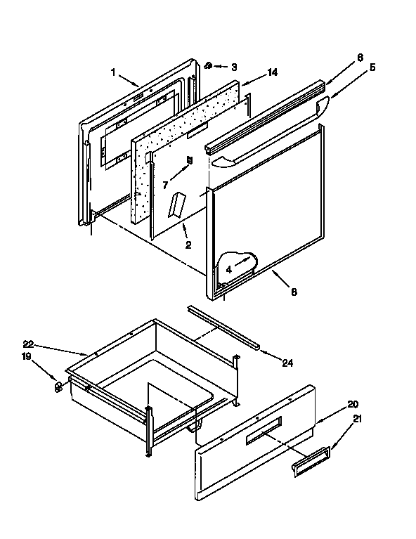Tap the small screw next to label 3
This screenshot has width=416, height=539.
pos(209,66)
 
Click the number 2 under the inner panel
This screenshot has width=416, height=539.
pos(188,245)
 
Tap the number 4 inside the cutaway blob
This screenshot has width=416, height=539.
pos(229,268)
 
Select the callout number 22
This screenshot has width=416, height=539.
pos(28,344)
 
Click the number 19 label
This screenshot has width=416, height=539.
pos(27,357)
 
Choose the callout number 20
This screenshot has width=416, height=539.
pos(352,404)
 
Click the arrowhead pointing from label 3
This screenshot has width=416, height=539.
pos(216,67)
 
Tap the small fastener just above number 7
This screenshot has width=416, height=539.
pos(188,160)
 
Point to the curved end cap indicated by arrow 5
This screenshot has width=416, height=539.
pos(325,106)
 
